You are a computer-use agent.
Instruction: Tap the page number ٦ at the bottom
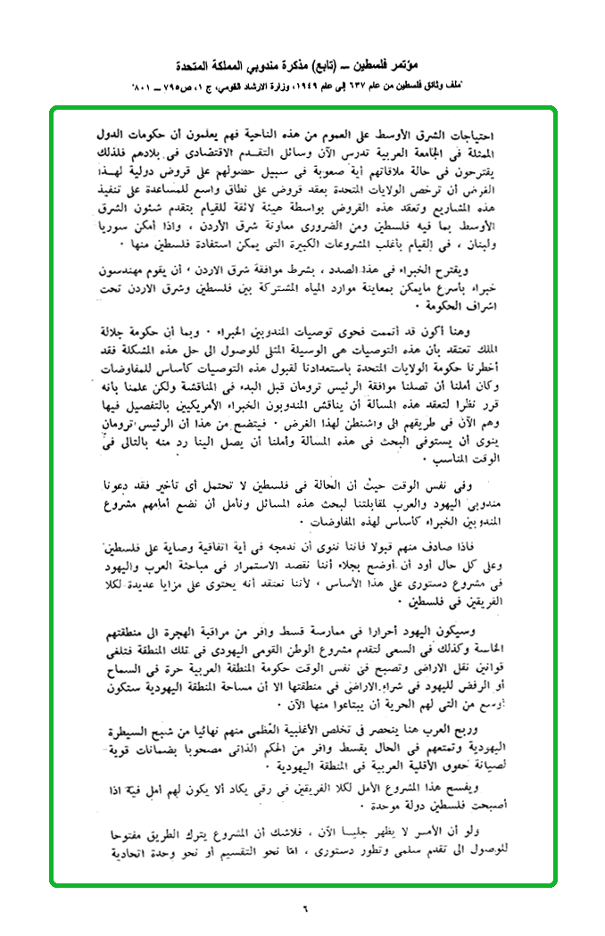click(x=302, y=909)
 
